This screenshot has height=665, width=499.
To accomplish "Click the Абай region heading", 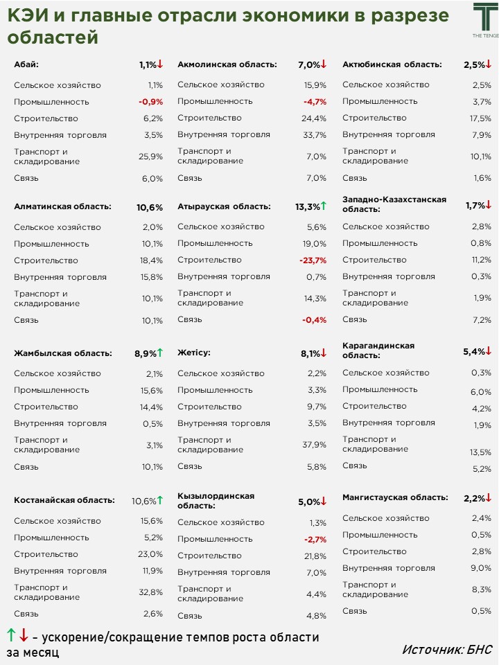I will (26, 64).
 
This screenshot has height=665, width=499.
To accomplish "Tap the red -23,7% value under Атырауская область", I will (313, 260).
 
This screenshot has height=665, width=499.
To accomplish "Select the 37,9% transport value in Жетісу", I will (314, 445).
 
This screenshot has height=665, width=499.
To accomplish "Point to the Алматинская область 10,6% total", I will (150, 207).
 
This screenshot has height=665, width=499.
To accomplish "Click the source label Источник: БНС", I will (446, 649).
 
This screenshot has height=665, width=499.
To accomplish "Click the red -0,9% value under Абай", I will (150, 102).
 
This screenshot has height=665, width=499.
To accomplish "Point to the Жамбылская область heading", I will (63, 353).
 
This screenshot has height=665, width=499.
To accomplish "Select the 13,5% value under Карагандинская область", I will (480, 452).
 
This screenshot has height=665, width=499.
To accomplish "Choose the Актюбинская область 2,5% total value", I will (474, 64).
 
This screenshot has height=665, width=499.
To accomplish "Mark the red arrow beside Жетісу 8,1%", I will (323, 353).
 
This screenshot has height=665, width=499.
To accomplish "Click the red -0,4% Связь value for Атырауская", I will (314, 320).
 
